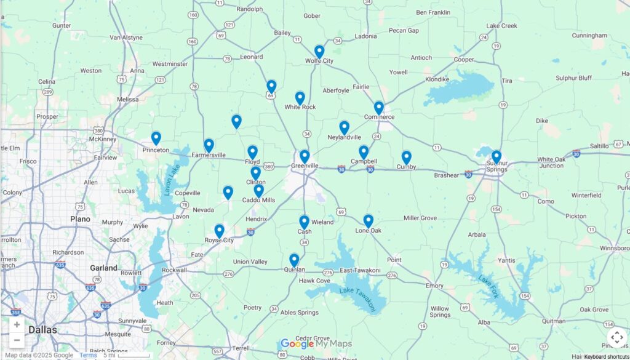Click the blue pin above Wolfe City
pyautogui.click(x=319, y=52)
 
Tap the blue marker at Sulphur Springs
pyautogui.click(x=496, y=156)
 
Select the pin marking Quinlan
pyautogui.click(x=294, y=260)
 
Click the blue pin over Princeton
pyautogui.click(x=156, y=138)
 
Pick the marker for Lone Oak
pyautogui.click(x=368, y=220)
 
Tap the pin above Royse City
pyautogui.click(x=219, y=231)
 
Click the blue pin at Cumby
pyautogui.click(x=406, y=158)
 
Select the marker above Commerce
pyautogui.click(x=378, y=108)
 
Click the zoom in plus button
pyautogui.click(x=17, y=325)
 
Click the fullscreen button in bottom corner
pyautogui.click(x=616, y=337)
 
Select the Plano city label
pyautogui.click(x=80, y=219)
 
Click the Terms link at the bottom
pyautogui.click(x=88, y=355)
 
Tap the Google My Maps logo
pyautogui.click(x=316, y=344)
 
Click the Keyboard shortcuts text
pyautogui.click(x=606, y=356)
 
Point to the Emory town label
pyautogui.click(x=434, y=286)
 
